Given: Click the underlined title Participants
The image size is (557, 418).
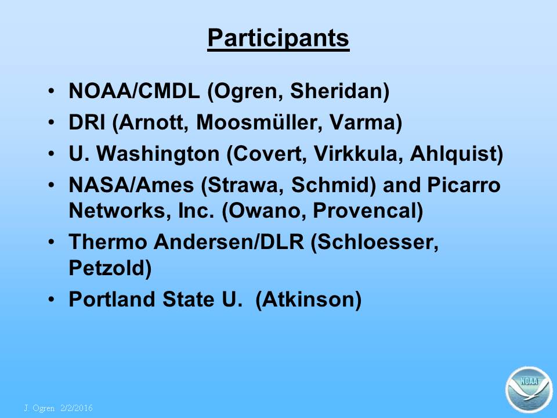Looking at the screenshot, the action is (278, 38).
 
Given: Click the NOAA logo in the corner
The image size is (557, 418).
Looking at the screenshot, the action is (529, 389).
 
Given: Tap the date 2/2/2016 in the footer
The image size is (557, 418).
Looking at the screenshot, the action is (77, 408).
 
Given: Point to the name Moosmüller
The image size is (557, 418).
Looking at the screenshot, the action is (259, 122).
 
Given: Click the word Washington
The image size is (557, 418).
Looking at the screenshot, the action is (158, 154).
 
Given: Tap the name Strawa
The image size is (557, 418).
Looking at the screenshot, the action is (245, 185).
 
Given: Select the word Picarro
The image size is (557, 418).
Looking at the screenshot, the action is (464, 185).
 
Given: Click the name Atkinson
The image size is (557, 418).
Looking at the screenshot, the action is (308, 300).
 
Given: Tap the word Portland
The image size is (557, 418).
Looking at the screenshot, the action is (111, 300).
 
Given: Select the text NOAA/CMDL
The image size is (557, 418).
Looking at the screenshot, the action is (134, 91).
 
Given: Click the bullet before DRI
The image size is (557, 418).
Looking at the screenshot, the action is (52, 122).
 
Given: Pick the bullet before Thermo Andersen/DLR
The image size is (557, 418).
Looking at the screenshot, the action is (52, 242).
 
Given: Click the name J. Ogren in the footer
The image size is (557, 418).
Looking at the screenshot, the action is (39, 408).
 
